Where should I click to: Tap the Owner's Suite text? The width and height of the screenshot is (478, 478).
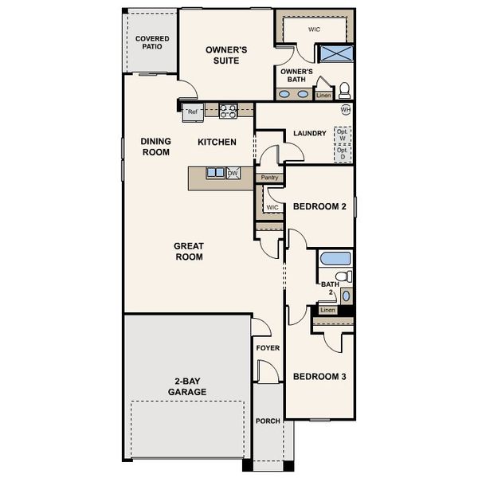tap(226, 55)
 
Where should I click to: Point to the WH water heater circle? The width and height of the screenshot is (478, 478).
tap(345, 109)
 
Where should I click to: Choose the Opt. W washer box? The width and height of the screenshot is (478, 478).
tap(343, 135)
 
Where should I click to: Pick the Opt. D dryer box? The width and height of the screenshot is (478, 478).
tap(343, 153)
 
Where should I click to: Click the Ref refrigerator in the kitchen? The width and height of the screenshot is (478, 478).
tap(193, 112)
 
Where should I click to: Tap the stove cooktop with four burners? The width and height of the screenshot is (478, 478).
tap(229, 111)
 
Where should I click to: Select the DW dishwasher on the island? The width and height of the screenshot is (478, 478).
tap(233, 173)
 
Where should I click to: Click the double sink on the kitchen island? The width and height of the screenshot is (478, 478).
tap(215, 173)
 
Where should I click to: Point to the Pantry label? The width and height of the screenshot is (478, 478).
tap(269, 178)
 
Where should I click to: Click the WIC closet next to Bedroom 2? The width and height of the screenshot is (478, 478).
tap(272, 207)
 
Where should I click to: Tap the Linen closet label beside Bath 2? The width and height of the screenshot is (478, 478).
tap(327, 310)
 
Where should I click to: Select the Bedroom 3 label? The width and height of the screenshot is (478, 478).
tap(319, 377)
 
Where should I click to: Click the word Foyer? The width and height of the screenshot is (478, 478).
tap(267, 348)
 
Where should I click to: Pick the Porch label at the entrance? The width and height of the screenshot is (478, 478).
tap(268, 421)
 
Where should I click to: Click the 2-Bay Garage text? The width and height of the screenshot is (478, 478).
tap(187, 386)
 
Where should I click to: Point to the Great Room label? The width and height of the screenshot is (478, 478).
tap(189, 252)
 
